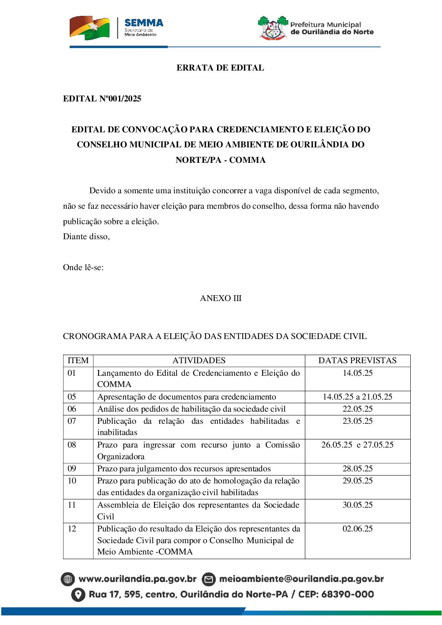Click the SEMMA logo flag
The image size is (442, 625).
pyautogui.click(x=89, y=28)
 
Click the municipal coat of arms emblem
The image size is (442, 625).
pyautogui.click(x=273, y=28)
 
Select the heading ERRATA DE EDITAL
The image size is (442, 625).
pyautogui.click(x=220, y=68)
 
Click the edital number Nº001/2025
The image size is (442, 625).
pyautogui.click(x=120, y=99)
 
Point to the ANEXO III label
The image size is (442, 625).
pyautogui.click(x=220, y=298)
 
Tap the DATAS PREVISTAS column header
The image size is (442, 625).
pyautogui.click(x=357, y=360)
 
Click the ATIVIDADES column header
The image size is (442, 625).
pyautogui.click(x=199, y=360)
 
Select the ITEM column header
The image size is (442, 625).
pyautogui.click(x=78, y=360)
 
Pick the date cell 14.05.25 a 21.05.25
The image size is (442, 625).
pyautogui.click(x=357, y=397)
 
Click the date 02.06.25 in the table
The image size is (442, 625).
pyautogui.click(x=357, y=529)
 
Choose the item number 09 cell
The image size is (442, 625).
pyautogui.click(x=72, y=468)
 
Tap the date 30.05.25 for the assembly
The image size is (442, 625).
pyautogui.click(x=357, y=505)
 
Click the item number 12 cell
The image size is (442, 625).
pyautogui.click(x=72, y=529)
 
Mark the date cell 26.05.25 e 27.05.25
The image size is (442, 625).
pyautogui.click(x=357, y=445)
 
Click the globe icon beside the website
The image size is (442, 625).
pyautogui.click(x=68, y=579)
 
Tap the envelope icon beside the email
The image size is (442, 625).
pyautogui.click(x=209, y=579)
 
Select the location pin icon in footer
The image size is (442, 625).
pyautogui.click(x=78, y=595)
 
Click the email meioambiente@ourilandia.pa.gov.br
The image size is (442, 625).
pyautogui.click(x=301, y=579)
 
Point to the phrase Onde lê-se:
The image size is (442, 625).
pyautogui.click(x=83, y=267)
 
